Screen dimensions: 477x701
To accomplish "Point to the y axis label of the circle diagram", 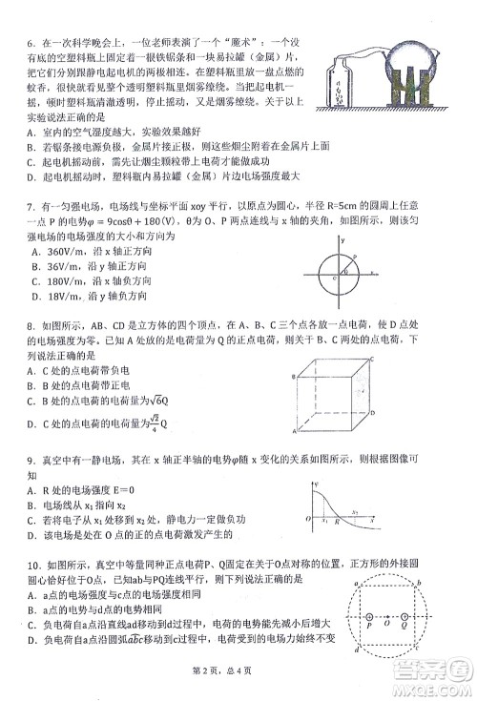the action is click(342, 239).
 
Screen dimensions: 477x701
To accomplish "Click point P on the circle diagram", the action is click(354, 256).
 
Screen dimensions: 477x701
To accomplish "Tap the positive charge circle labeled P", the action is click(368, 618).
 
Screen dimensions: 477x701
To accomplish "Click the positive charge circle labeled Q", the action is click(404, 618).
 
